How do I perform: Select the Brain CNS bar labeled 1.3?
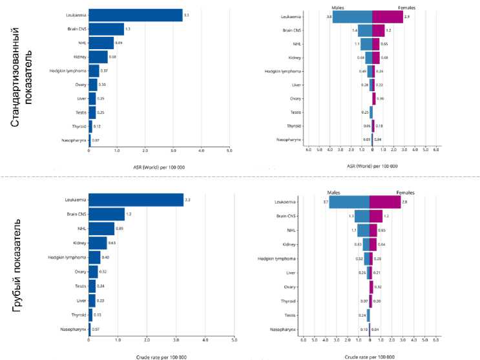[x=106, y=29]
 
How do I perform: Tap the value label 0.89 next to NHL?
[x=119, y=43]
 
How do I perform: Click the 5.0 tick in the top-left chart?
[x=229, y=150]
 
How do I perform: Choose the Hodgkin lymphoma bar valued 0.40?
[x=94, y=257]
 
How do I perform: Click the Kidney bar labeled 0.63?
[x=98, y=242]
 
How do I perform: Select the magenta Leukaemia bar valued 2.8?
[x=385, y=202]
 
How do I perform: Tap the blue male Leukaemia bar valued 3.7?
[x=349, y=202]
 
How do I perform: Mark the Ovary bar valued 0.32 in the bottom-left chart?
[x=93, y=271]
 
